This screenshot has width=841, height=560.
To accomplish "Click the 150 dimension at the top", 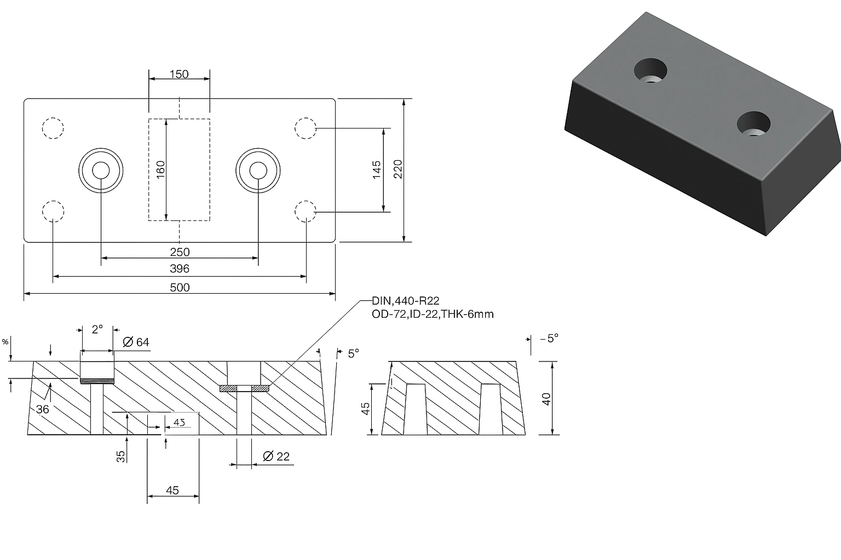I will point(179,74).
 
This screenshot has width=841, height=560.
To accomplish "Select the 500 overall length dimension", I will point(180,288).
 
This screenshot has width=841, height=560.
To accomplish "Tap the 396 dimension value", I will point(180,269).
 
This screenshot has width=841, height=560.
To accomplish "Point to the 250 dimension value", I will point(180,252).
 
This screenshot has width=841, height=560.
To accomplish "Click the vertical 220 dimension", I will point(398,170).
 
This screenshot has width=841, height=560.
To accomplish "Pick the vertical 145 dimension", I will point(377,171).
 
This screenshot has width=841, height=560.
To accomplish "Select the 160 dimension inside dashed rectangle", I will point(161,171).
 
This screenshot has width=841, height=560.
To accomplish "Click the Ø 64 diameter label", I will point(136,342).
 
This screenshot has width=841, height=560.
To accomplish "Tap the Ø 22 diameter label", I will point(276,457).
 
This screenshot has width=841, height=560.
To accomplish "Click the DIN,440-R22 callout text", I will point(406,301).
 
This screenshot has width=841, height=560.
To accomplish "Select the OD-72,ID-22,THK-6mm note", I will point(433,314).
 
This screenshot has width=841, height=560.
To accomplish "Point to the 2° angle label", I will point(97,330).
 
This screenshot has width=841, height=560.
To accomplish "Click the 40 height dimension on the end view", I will point(546,398).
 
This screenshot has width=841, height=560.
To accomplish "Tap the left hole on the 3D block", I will point(650,70).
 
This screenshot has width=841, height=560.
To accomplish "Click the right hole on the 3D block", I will point(753,124).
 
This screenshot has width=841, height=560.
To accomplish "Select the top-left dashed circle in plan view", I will point(53,128).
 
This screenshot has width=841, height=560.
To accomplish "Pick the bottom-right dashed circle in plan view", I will point(306,211).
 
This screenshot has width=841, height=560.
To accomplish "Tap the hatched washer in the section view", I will point(244,388).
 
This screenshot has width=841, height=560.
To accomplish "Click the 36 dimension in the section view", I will point(42,409).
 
